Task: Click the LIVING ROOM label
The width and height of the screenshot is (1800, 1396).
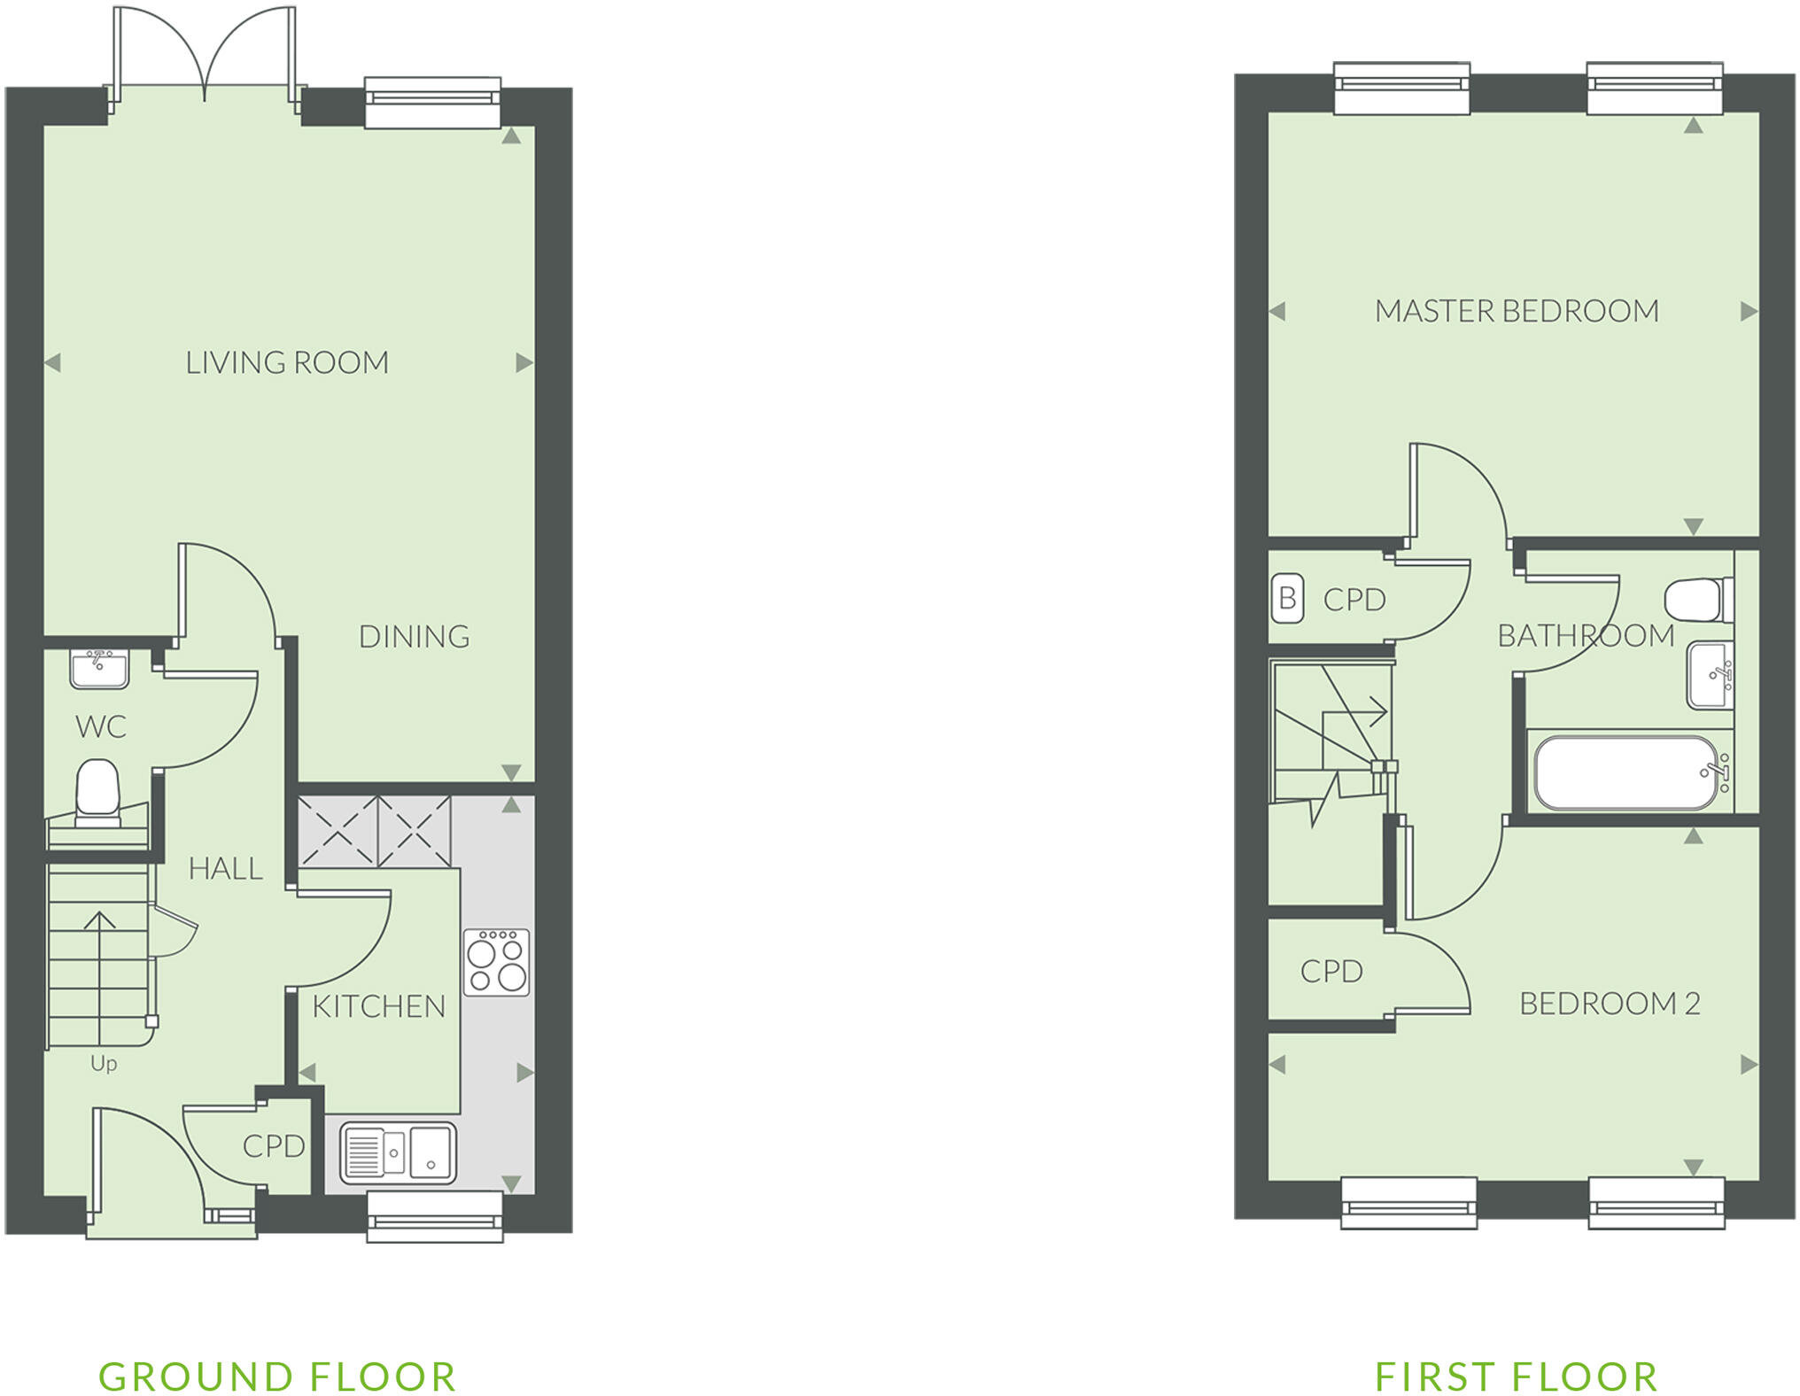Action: pos(287,362)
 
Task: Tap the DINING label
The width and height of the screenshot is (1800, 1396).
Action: pos(414,636)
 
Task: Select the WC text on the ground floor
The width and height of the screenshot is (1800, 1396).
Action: pos(101,727)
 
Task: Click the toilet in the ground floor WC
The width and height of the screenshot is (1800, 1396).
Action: pos(97,789)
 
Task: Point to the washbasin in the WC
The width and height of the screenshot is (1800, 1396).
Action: pos(99,669)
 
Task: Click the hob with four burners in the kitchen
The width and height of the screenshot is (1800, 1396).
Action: pos(496,961)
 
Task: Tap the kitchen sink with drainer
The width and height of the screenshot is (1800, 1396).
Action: pos(399,1152)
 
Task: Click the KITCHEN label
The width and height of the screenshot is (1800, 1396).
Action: pos(378,1006)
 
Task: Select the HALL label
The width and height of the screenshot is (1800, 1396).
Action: pos(226,869)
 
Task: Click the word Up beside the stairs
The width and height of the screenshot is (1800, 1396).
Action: pos(104,1064)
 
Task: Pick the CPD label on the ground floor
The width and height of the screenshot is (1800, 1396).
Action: pos(274,1146)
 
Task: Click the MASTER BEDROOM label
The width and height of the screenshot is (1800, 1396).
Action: pos(1517,311)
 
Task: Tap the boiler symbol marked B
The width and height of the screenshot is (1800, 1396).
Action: pos(1288,599)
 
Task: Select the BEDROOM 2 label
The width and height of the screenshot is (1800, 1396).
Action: pos(1610,1004)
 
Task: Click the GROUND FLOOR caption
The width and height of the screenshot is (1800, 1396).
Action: pos(277,1377)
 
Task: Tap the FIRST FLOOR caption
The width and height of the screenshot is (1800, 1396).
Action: pos(1516,1377)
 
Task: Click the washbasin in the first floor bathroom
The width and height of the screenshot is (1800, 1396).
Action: pos(1710,675)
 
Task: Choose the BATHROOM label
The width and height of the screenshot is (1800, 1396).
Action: pos(1586,635)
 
